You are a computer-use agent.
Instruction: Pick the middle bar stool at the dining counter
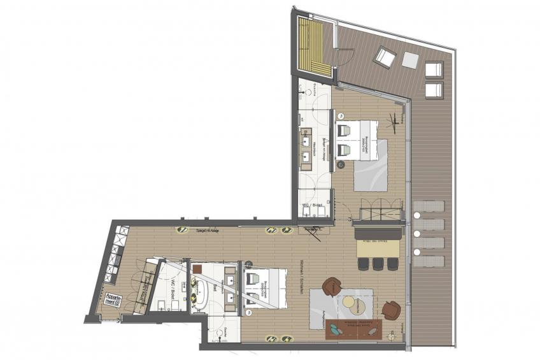pos(378,263)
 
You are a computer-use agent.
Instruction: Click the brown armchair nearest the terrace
pos(391,310)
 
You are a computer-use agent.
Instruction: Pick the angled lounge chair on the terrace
pos(385,57)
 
